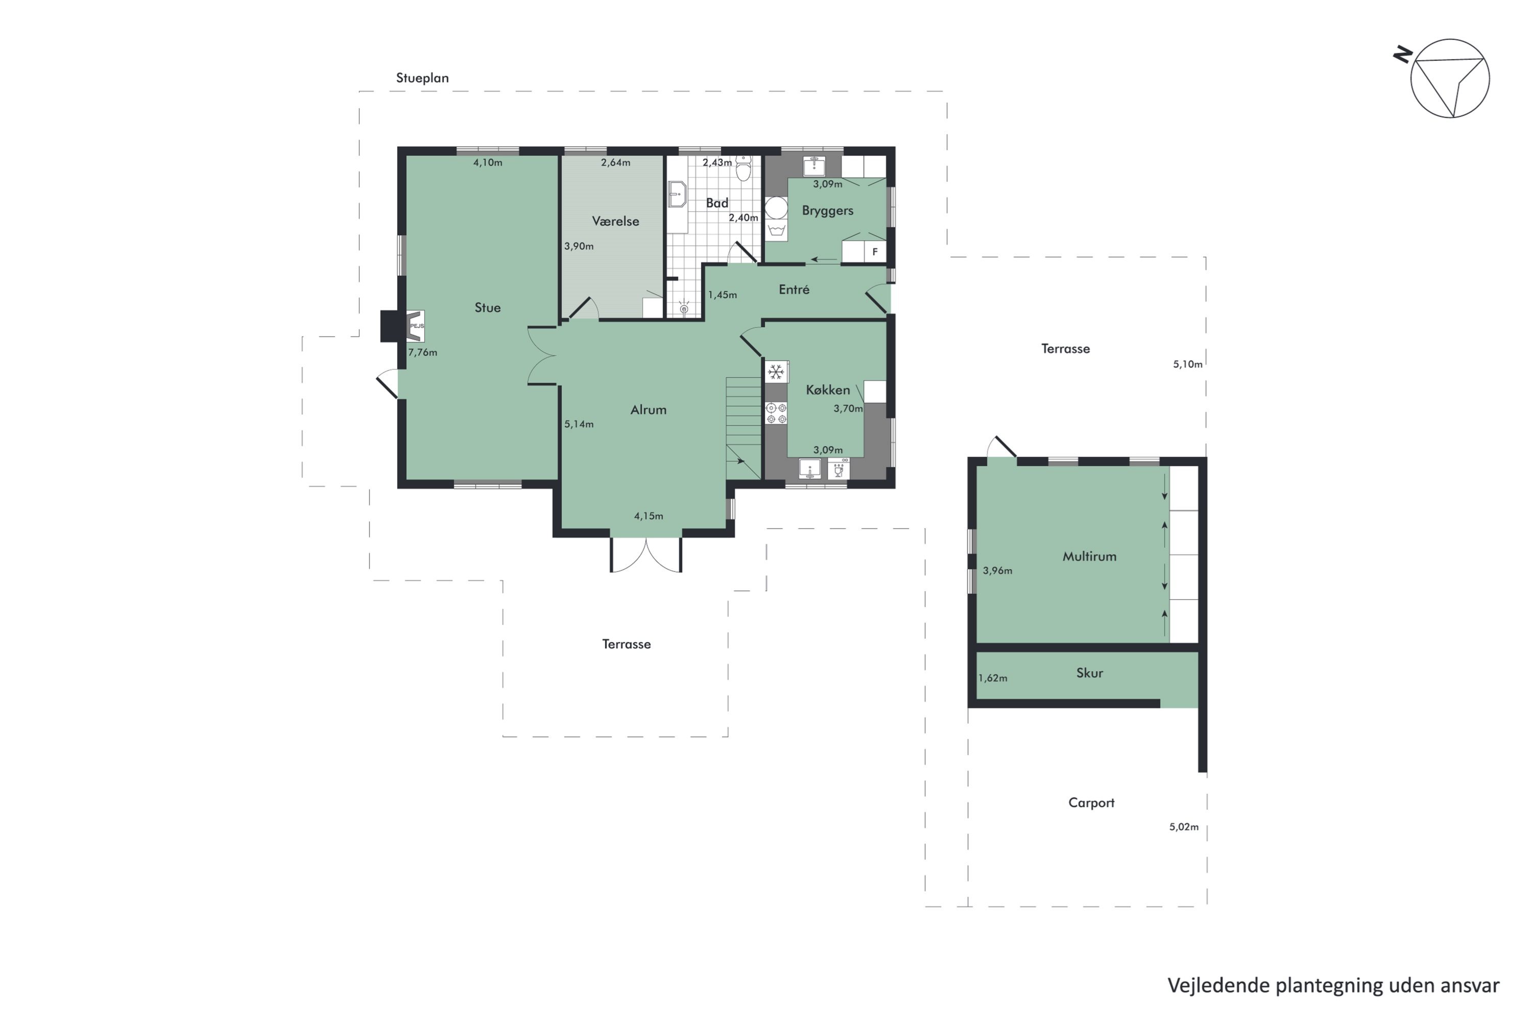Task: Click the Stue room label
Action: coord(487,307)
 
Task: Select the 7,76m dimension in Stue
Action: coord(422,352)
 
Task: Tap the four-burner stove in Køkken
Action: coord(776,414)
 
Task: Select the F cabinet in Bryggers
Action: coord(874,251)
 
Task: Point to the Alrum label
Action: coord(648,409)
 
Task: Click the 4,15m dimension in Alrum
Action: coord(648,516)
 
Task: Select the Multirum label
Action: coord(1089,556)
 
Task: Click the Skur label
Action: coord(1089,673)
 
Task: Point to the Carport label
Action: coord(1091,802)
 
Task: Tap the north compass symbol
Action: coord(1449,78)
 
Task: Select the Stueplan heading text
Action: coord(422,78)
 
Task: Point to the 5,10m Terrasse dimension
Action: coord(1187,364)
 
